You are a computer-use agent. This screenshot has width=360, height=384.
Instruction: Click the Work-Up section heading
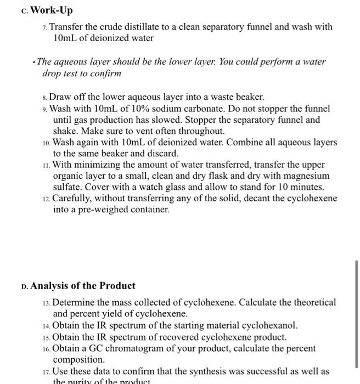50,10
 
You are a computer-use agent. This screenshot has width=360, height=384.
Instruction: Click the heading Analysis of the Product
83,286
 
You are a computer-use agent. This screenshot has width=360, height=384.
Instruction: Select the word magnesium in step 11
310,176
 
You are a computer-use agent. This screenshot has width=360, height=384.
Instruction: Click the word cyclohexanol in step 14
271,325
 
